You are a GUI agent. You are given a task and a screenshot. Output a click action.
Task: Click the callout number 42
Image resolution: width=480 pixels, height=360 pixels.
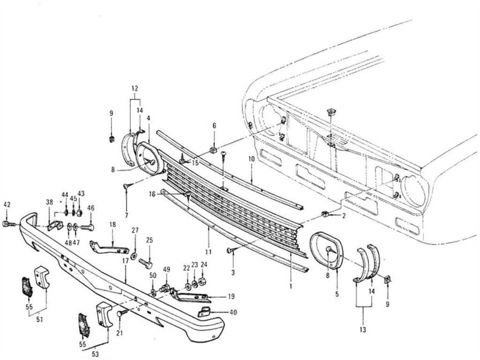7,205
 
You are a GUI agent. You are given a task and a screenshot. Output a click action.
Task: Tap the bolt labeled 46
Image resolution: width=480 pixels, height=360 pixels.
88,228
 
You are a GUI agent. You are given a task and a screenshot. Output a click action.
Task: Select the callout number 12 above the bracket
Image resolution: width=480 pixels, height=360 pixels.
134,88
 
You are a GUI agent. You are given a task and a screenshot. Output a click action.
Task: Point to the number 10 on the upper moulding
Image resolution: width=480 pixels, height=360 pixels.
251,159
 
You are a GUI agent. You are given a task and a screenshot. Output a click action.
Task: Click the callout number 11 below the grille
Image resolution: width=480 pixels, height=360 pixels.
208,252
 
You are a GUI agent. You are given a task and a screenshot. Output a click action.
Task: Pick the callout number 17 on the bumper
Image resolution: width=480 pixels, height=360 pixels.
125,269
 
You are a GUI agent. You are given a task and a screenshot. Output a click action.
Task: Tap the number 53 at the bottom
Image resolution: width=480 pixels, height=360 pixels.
95,354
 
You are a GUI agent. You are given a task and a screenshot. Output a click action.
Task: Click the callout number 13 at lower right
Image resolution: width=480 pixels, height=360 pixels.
363,329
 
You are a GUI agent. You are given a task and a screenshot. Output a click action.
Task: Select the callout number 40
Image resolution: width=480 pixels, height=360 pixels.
233,312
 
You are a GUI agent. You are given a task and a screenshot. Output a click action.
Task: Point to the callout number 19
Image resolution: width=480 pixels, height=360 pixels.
231,296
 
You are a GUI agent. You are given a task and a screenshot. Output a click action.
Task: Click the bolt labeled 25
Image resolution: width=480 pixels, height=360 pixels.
146,263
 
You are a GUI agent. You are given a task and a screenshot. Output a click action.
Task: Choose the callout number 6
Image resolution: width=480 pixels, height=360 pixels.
214,125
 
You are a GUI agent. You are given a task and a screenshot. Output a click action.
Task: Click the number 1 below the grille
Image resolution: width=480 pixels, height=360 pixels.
290,287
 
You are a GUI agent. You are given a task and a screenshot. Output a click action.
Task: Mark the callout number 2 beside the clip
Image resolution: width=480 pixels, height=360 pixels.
344,216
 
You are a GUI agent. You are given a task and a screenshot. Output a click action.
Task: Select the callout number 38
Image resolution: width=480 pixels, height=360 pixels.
50,202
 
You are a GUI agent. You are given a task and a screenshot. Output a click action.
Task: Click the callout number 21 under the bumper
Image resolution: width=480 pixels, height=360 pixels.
119,333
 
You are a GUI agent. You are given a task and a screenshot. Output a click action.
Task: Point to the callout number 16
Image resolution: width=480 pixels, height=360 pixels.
152,194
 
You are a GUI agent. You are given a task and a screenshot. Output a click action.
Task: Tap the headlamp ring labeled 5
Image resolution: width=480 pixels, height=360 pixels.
326,251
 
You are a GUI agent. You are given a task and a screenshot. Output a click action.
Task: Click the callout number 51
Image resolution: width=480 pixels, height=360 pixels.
40,319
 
